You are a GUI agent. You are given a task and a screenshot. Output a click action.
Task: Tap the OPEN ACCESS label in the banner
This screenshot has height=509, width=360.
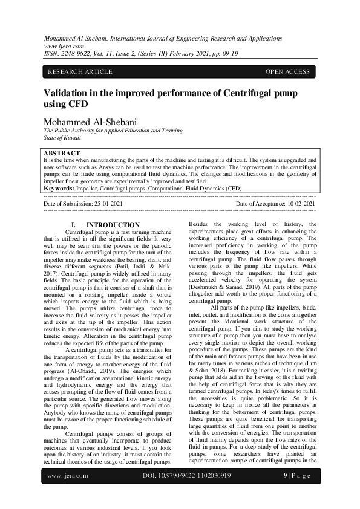tap(287, 72)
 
